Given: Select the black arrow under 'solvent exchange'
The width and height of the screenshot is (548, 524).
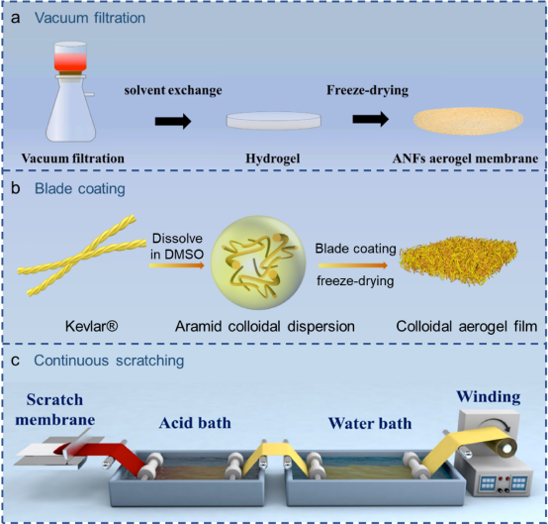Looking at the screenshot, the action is pyautogui.click(x=173, y=121).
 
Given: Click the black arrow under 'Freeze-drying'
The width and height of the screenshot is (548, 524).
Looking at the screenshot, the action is pyautogui.click(x=371, y=119).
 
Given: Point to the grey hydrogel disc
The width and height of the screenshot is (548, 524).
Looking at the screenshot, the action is pyautogui.click(x=274, y=121).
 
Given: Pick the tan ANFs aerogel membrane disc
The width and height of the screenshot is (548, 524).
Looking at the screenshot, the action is pyautogui.click(x=468, y=121).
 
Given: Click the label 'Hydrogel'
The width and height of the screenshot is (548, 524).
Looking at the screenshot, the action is pyautogui.click(x=273, y=158).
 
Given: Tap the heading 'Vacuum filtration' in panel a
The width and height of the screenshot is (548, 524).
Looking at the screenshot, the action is pyautogui.click(x=90, y=18).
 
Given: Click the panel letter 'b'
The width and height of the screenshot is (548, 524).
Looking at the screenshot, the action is pyautogui.click(x=16, y=188).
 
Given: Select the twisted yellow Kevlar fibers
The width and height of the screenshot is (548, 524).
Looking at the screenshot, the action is pyautogui.click(x=82, y=255).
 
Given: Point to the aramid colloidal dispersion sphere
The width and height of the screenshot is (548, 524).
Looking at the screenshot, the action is pyautogui.click(x=258, y=262).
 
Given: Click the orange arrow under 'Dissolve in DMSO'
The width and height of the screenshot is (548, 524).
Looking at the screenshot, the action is pyautogui.click(x=176, y=265).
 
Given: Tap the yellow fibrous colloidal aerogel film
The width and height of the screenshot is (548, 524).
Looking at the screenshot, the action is pyautogui.click(x=459, y=260).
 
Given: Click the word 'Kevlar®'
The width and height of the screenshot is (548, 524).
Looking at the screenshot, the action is pyautogui.click(x=92, y=326).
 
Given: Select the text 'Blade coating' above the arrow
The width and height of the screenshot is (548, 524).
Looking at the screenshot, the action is pyautogui.click(x=355, y=249).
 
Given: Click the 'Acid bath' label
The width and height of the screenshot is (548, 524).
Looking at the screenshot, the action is pyautogui.click(x=195, y=423).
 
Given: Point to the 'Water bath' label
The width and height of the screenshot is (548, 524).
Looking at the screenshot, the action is pyautogui.click(x=370, y=423).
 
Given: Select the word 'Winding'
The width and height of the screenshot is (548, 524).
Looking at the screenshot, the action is pyautogui.click(x=489, y=396).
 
